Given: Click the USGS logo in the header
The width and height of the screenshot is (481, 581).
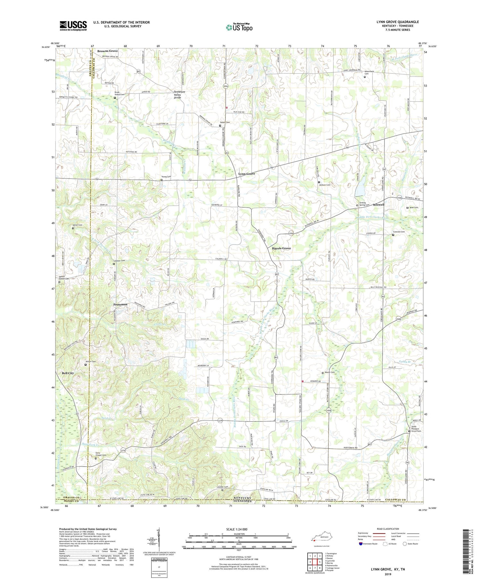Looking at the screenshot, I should click(x=73, y=26).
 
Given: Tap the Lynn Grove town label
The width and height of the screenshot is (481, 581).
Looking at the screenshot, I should click(x=247, y=174).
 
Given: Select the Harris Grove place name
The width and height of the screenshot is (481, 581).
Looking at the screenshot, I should click(x=282, y=248).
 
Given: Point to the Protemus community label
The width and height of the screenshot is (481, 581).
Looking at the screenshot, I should click(x=120, y=304).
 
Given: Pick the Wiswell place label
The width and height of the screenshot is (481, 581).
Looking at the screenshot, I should click(x=378, y=204).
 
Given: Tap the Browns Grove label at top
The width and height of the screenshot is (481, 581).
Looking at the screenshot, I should click(x=107, y=51).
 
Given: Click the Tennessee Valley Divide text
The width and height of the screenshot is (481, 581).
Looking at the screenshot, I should click(x=179, y=95).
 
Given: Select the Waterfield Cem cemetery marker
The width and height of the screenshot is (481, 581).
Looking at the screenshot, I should click(x=365, y=77).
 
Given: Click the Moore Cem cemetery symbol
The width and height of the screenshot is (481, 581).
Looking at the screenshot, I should click(x=323, y=373).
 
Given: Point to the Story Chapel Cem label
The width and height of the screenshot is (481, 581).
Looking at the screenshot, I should click(x=100, y=454).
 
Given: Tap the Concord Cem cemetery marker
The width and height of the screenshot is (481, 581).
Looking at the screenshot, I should click(x=393, y=235).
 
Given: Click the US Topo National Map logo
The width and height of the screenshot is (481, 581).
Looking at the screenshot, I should click(x=239, y=27).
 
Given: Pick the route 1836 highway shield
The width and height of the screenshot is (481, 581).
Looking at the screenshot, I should click(x=226, y=86).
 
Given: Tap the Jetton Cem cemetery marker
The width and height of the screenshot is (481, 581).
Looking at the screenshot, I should click(x=85, y=365).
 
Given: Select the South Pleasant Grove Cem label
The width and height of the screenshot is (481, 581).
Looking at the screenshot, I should click(x=416, y=429).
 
